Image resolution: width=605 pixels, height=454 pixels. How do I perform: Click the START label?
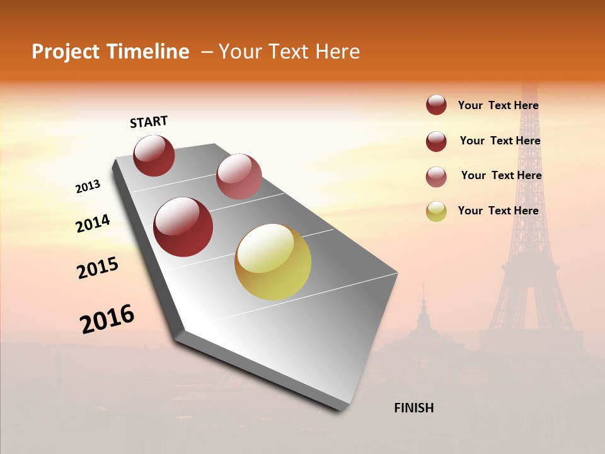[149, 122]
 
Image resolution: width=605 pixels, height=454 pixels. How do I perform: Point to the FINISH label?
[413, 408]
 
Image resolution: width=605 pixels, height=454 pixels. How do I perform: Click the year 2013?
[88, 187]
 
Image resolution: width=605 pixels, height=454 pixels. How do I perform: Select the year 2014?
[93, 224]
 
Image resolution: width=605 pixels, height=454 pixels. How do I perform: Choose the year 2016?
[107, 319]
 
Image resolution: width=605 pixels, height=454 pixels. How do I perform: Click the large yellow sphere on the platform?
[273, 262]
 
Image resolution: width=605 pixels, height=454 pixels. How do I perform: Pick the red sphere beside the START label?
[154, 155]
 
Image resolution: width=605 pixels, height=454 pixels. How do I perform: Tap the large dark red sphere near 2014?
[183, 227]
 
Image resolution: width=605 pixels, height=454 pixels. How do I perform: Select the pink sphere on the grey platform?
[239, 177]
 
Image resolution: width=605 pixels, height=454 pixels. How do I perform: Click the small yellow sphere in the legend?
[436, 211]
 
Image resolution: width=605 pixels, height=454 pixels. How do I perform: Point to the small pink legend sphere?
[436, 177]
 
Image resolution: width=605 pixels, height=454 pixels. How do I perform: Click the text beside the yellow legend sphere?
[498, 211]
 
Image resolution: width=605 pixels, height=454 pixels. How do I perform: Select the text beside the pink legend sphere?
[501, 175]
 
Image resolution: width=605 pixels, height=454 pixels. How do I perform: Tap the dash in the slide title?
[207, 52]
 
